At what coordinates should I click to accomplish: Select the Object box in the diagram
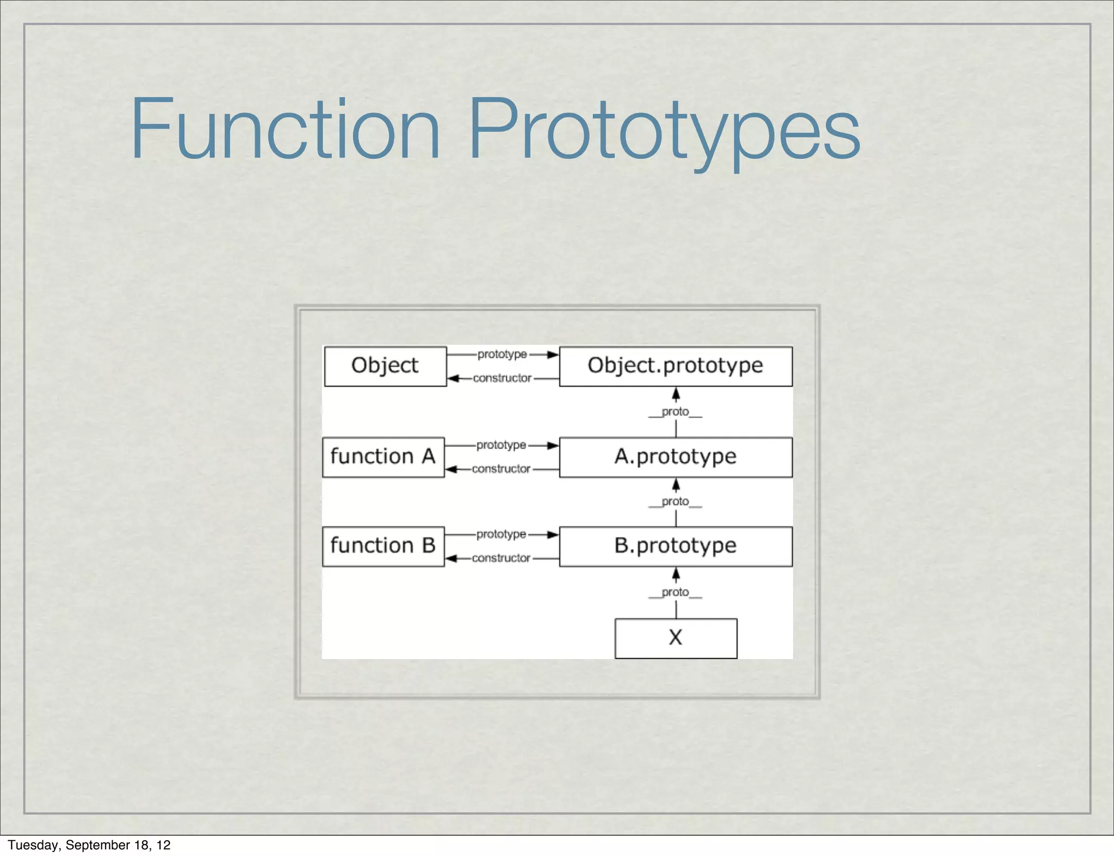pyautogui.click(x=385, y=366)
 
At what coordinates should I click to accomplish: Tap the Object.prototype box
pyautogui.click(x=676, y=366)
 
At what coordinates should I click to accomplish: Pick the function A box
pyautogui.click(x=383, y=457)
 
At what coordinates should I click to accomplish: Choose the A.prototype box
pyautogui.click(x=676, y=457)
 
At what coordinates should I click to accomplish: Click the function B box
pyautogui.click(x=383, y=546)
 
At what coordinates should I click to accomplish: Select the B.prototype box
pyautogui.click(x=676, y=546)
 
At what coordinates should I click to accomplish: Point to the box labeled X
pyautogui.click(x=676, y=638)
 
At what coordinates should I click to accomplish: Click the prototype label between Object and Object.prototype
pyautogui.click(x=502, y=355)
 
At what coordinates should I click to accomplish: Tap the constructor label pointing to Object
pyautogui.click(x=502, y=378)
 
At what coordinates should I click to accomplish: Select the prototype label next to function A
pyautogui.click(x=501, y=445)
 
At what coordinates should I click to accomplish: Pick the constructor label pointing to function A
pyautogui.click(x=501, y=469)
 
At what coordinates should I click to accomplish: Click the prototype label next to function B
pyautogui.click(x=501, y=535)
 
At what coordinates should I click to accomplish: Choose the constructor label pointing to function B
pyautogui.click(x=501, y=558)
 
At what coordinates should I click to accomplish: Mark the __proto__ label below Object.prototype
pyautogui.click(x=676, y=412)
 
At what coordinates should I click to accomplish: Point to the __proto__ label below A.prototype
pyautogui.click(x=676, y=502)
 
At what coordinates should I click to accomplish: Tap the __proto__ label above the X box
pyautogui.click(x=676, y=592)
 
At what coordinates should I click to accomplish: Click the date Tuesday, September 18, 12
pyautogui.click(x=89, y=844)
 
